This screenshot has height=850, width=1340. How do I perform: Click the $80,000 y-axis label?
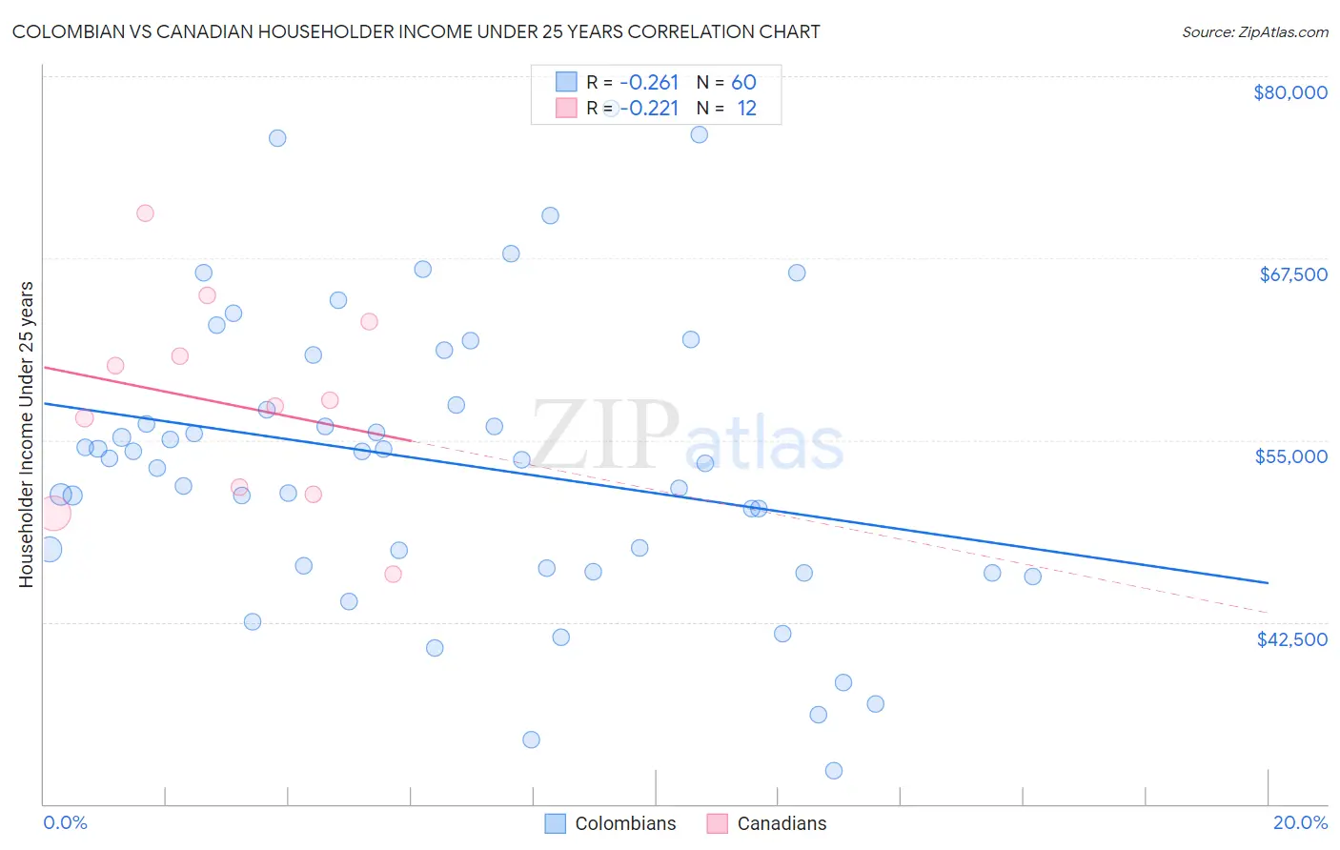(x=1289, y=92)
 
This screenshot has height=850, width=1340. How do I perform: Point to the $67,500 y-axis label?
(x=1292, y=274)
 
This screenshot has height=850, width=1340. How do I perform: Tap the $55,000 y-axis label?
(x=1290, y=456)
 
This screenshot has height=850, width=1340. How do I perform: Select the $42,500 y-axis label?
(x=1291, y=639)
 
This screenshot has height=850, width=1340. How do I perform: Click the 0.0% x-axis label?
(x=65, y=822)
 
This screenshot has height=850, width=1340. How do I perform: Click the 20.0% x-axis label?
(x=1300, y=822)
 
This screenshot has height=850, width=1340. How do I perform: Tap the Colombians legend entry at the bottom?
(x=624, y=823)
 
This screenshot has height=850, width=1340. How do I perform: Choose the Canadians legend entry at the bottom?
(x=782, y=823)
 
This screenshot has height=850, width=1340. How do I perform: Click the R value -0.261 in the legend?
(x=649, y=83)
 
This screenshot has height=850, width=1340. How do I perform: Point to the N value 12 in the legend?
(x=746, y=109)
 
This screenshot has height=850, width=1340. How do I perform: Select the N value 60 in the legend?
(x=743, y=83)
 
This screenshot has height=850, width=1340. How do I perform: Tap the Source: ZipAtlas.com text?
(x=1254, y=32)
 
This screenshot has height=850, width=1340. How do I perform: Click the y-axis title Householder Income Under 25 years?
(x=27, y=434)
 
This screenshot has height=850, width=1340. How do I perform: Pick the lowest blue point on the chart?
(x=834, y=771)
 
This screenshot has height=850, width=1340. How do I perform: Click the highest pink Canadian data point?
(x=145, y=213)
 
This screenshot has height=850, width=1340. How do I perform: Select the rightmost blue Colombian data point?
(x=1032, y=577)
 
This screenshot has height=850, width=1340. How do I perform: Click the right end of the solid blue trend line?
(x=1268, y=582)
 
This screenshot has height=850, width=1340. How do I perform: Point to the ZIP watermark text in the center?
(x=605, y=435)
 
